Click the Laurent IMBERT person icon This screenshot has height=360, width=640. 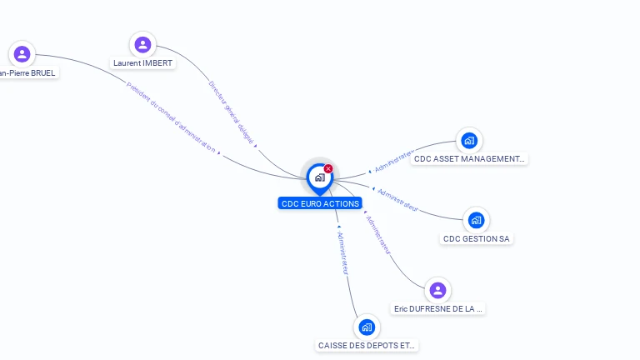pyautogui.click(x=142, y=45)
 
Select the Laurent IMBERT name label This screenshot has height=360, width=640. pyautogui.click(x=143, y=63)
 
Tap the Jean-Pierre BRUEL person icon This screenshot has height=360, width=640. pyautogui.click(x=22, y=54)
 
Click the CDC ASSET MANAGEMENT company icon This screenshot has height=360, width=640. pyautogui.click(x=469, y=140)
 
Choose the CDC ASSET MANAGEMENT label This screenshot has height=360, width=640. pyautogui.click(x=469, y=158)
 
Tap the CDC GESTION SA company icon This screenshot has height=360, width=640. pyautogui.click(x=476, y=220)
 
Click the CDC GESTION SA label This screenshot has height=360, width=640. pyautogui.click(x=476, y=239)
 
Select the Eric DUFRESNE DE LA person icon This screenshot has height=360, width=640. pyautogui.click(x=437, y=290)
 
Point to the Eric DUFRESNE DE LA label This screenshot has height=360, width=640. pyautogui.click(x=438, y=309)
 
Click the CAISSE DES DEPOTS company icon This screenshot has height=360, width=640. pyautogui.click(x=367, y=327)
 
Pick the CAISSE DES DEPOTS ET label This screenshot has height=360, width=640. pyautogui.click(x=367, y=346)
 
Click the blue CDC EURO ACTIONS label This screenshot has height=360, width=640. pyautogui.click(x=320, y=203)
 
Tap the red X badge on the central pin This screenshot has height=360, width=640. pyautogui.click(x=328, y=169)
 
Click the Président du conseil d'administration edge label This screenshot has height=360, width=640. pyautogui.click(x=172, y=117)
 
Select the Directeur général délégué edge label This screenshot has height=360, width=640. pyautogui.click(x=231, y=112)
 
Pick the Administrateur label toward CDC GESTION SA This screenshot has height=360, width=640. pyautogui.click(x=397, y=199)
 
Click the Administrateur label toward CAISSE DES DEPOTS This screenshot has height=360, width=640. pyautogui.click(x=343, y=251)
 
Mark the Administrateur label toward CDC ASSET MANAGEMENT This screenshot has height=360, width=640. pyautogui.click(x=394, y=162)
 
